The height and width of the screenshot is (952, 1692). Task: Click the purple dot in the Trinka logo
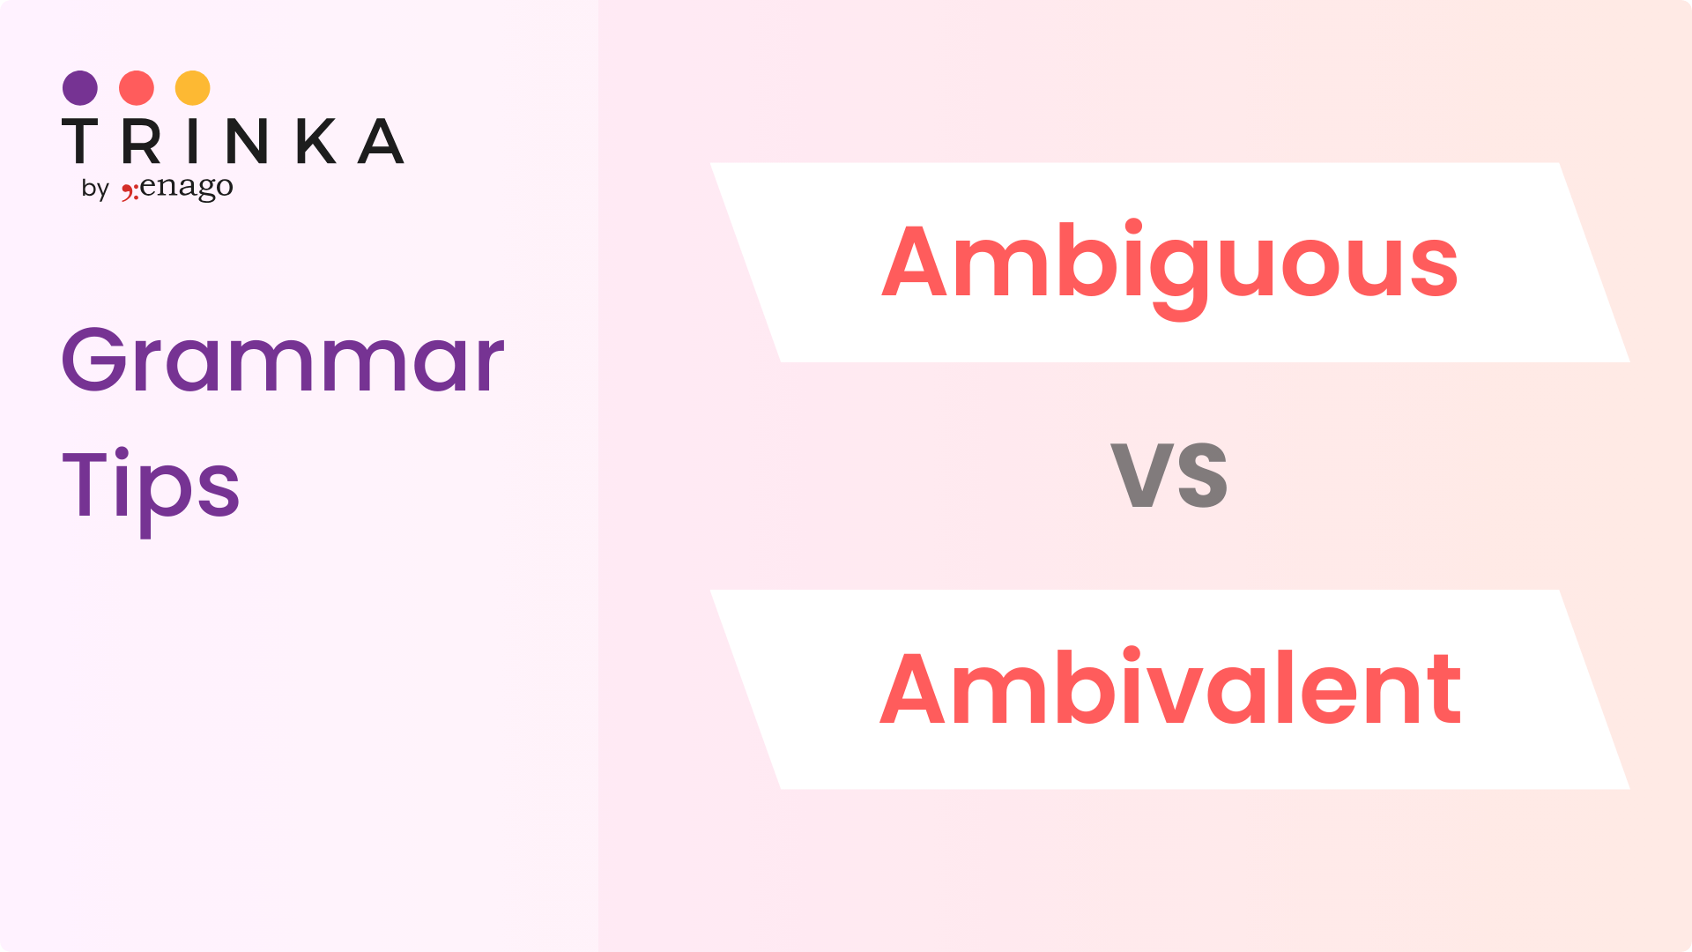pos(80,88)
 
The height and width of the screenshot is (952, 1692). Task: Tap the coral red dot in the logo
pos(137,88)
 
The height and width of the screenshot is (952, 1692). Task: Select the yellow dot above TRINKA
pos(193,88)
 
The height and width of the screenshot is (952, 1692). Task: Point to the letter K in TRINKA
pos(316,141)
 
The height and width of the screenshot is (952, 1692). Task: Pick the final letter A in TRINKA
pos(381,141)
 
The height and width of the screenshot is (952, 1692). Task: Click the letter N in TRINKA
pos(246,141)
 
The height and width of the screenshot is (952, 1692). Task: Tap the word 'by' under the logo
pos(95,189)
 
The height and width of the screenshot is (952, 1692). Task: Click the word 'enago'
pos(186,187)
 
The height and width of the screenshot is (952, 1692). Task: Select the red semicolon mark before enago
pos(130,191)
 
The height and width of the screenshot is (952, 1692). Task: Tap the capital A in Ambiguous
pos(914,261)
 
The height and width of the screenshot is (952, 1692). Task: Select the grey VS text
pos(1169,476)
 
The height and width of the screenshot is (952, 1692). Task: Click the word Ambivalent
pos(1170,687)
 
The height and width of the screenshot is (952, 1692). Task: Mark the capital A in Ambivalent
pos(912,688)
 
